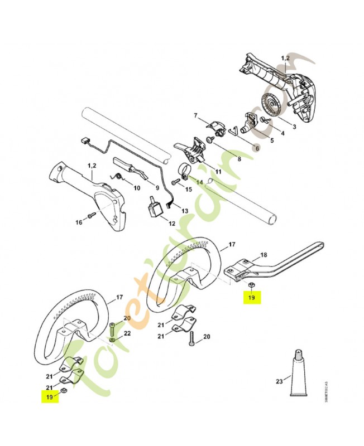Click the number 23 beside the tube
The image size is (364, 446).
tap(279, 382)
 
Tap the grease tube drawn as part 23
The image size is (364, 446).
tap(300, 371)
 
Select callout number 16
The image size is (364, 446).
tap(79, 222)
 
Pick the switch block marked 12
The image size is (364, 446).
tap(154, 210)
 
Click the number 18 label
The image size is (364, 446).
tap(264, 255)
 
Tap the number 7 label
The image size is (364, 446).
tap(196, 115)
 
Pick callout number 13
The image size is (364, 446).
tap(185, 210)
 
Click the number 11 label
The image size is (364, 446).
tap(218, 171)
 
